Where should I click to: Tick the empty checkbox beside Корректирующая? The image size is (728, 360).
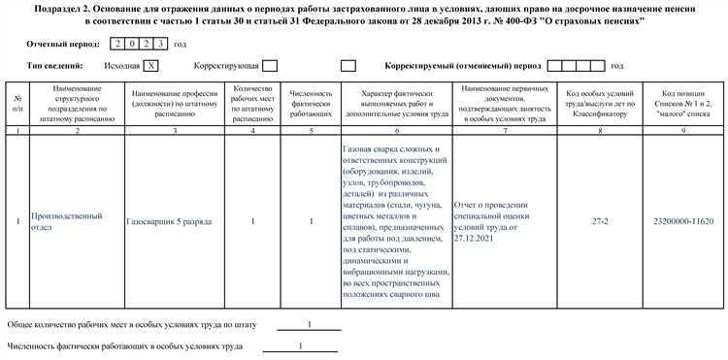tap(270, 66)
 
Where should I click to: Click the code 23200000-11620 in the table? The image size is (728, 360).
tap(684, 222)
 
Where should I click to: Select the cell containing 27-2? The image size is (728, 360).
tap(601, 222)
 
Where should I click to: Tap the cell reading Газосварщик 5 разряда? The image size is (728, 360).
tap(170, 222)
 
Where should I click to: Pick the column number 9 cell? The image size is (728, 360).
tap(684, 129)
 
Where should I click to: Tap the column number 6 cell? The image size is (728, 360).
tap(398, 129)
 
